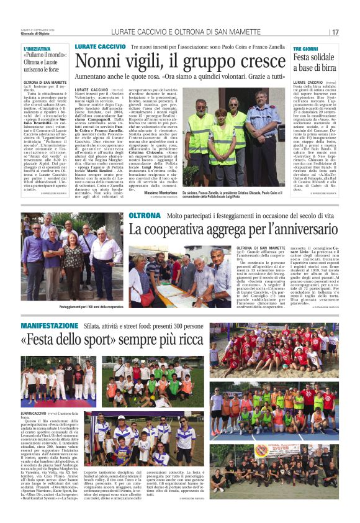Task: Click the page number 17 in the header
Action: pos(335,32)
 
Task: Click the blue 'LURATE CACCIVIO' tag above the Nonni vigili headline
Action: pos(100,47)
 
